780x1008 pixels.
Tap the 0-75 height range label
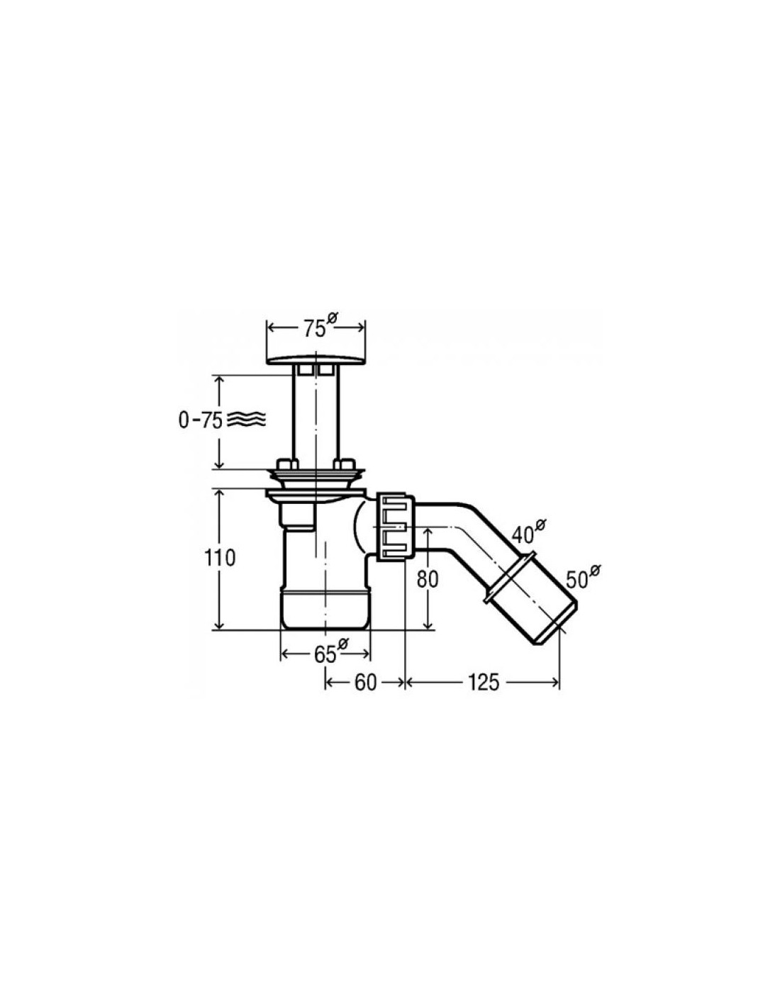click(x=200, y=420)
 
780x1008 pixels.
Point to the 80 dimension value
click(x=428, y=580)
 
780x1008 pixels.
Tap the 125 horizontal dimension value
click(x=483, y=683)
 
